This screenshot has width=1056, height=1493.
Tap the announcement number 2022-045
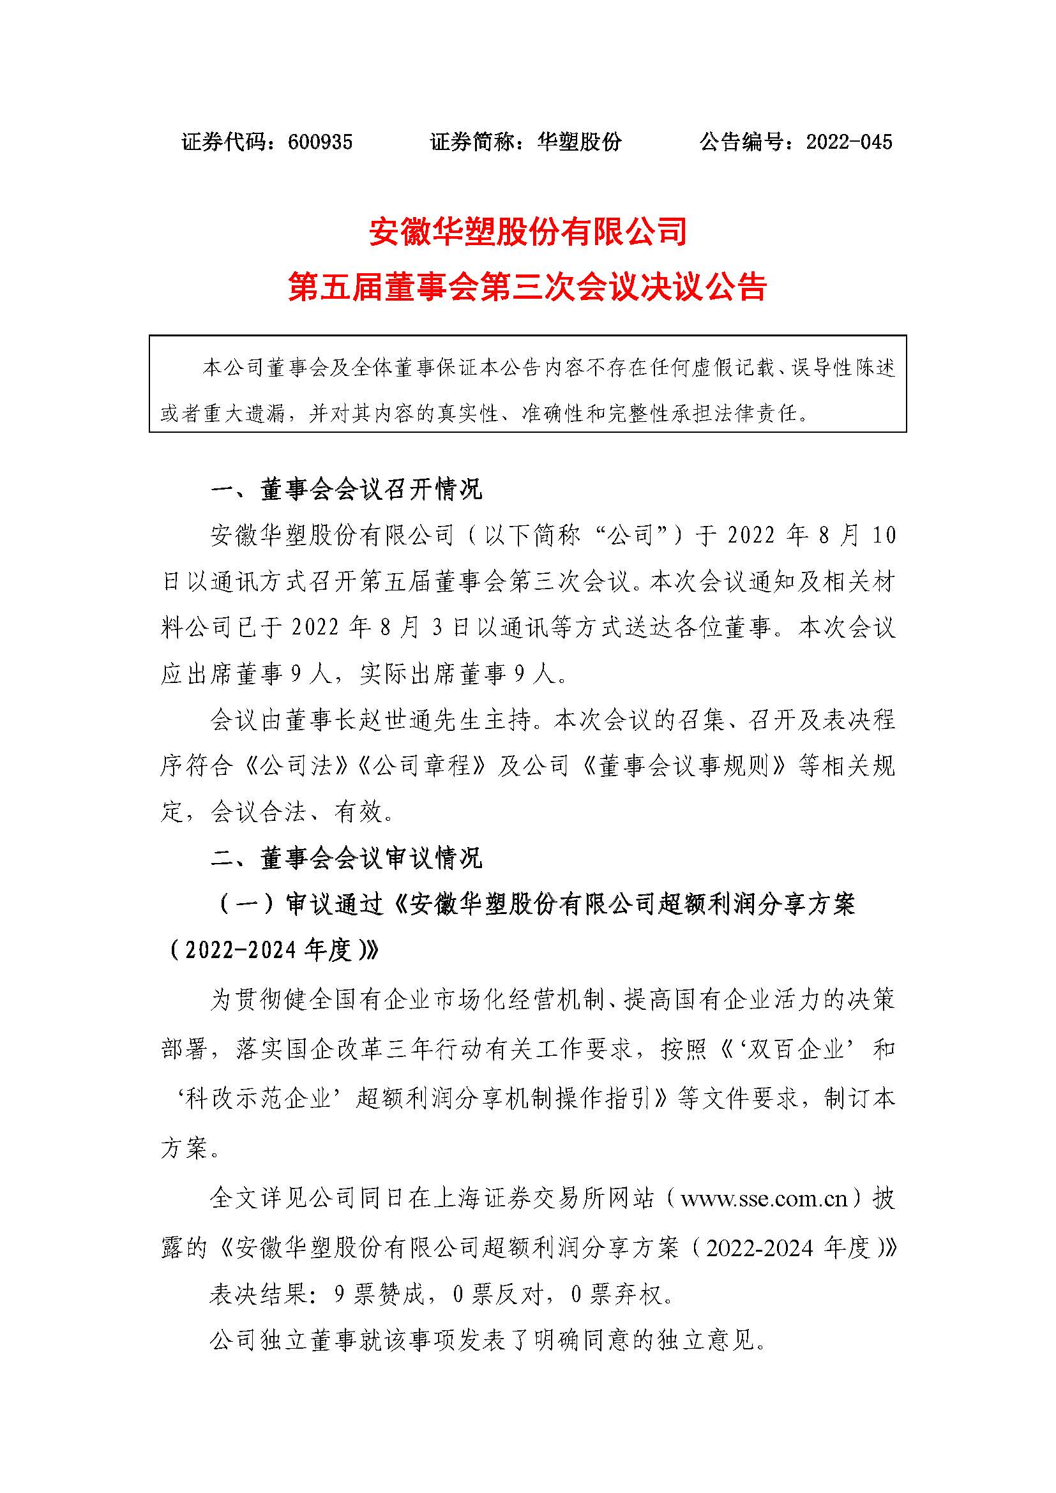click(849, 142)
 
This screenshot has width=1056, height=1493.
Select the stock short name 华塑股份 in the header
click(579, 142)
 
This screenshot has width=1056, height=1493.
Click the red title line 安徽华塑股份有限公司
click(528, 232)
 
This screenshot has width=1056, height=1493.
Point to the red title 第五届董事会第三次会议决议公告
click(528, 287)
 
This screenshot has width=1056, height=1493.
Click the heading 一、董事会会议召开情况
click(347, 490)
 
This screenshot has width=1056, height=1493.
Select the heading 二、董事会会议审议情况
click(347, 859)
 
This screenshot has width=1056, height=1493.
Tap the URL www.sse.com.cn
click(764, 1197)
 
